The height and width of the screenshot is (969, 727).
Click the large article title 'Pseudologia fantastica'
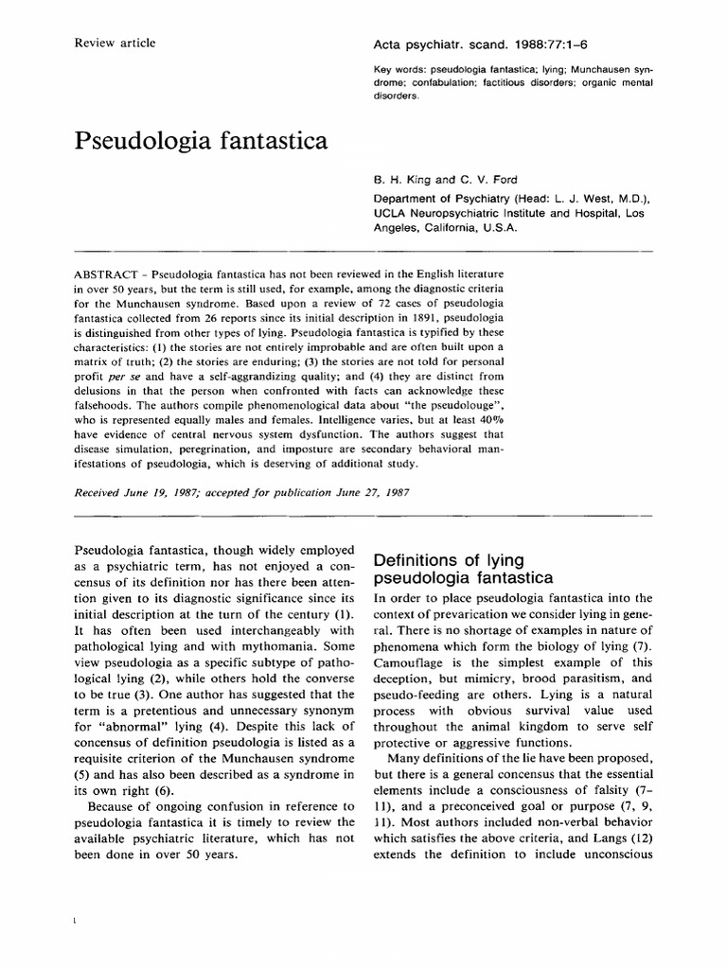tap(201, 142)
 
